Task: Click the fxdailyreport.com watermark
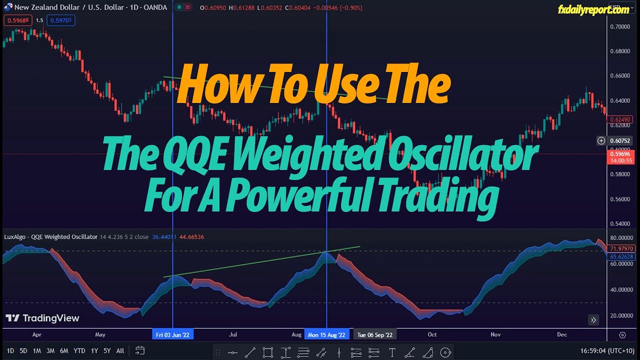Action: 593,9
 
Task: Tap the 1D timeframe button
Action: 10,351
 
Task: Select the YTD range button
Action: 79,351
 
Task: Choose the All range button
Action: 120,351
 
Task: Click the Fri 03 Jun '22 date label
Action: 172,335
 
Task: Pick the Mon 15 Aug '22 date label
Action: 326,335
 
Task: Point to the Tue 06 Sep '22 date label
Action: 374,335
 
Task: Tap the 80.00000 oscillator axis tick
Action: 621,238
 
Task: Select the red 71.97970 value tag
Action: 621,249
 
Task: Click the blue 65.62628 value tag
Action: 621,256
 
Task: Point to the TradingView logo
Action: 42,318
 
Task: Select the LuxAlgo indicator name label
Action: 50,237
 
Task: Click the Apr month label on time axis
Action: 36,335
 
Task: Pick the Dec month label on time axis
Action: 562,335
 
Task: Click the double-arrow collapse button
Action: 593,320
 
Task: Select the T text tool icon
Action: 392,353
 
